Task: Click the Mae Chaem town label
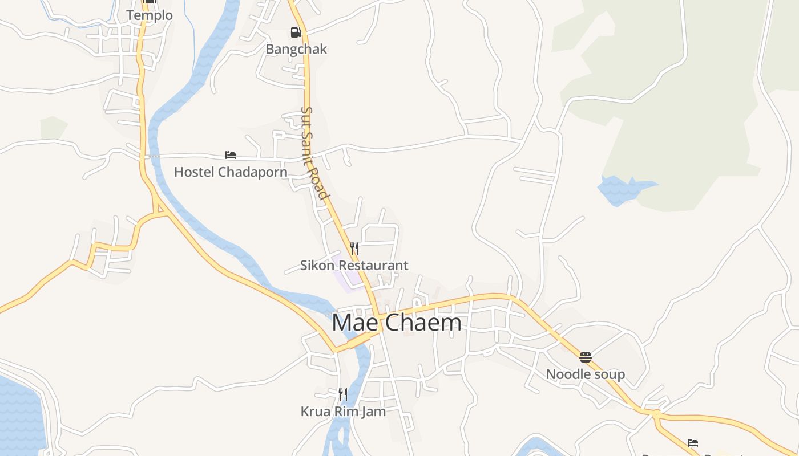[x=396, y=323]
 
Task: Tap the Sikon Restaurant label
[x=354, y=265]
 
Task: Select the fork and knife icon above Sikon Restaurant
[x=354, y=249]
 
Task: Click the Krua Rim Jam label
[x=343, y=411]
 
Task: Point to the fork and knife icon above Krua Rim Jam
[x=342, y=394]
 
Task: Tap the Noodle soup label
[x=585, y=374]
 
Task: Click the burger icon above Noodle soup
[x=586, y=357]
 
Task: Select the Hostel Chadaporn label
[x=231, y=172]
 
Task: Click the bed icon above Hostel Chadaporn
[x=231, y=155]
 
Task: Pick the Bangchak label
[x=296, y=49]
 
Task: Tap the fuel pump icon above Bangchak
[x=296, y=32]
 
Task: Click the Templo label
[x=150, y=15]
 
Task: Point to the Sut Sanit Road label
[x=315, y=153]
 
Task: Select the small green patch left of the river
[x=53, y=128]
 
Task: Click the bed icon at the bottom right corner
[x=693, y=443]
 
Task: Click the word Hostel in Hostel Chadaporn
[x=193, y=172]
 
